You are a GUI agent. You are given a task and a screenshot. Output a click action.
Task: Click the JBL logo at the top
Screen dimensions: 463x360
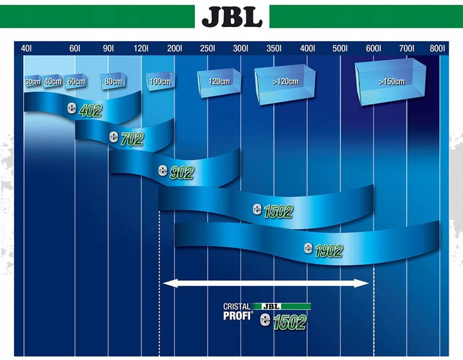coord(232,17)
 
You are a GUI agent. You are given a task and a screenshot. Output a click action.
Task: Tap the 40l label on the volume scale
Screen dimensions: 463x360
coord(26,48)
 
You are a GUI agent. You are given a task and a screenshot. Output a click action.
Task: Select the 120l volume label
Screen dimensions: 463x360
coord(141,48)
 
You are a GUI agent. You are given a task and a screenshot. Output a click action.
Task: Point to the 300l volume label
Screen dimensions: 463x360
coord(241,48)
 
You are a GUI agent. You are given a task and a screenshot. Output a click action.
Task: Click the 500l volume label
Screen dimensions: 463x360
coord(340,48)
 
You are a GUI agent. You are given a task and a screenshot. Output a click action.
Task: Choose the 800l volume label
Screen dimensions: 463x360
coord(437,48)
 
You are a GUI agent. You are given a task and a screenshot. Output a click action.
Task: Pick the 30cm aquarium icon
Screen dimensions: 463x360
coord(33,82)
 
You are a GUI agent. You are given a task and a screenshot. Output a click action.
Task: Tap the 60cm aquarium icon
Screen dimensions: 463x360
coord(76,82)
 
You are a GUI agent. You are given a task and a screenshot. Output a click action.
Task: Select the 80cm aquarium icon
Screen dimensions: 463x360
coord(113,81)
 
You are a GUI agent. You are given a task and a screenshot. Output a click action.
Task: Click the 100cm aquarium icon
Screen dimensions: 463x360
coord(160,81)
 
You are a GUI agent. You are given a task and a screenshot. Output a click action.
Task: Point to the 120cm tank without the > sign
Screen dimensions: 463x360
coord(219,83)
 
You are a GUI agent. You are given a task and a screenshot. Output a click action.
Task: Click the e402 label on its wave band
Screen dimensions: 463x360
coord(85,109)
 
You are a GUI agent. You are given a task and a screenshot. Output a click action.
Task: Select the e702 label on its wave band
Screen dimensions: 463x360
coord(127,138)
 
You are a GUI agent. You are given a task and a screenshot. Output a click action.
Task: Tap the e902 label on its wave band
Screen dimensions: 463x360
coord(176,172)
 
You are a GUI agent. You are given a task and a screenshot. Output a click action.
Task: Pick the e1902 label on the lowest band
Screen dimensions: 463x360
coord(323,250)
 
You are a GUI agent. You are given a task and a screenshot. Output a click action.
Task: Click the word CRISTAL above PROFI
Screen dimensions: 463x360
coord(237,307)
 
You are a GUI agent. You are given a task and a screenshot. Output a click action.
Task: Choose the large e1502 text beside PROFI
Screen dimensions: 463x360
coord(283,321)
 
